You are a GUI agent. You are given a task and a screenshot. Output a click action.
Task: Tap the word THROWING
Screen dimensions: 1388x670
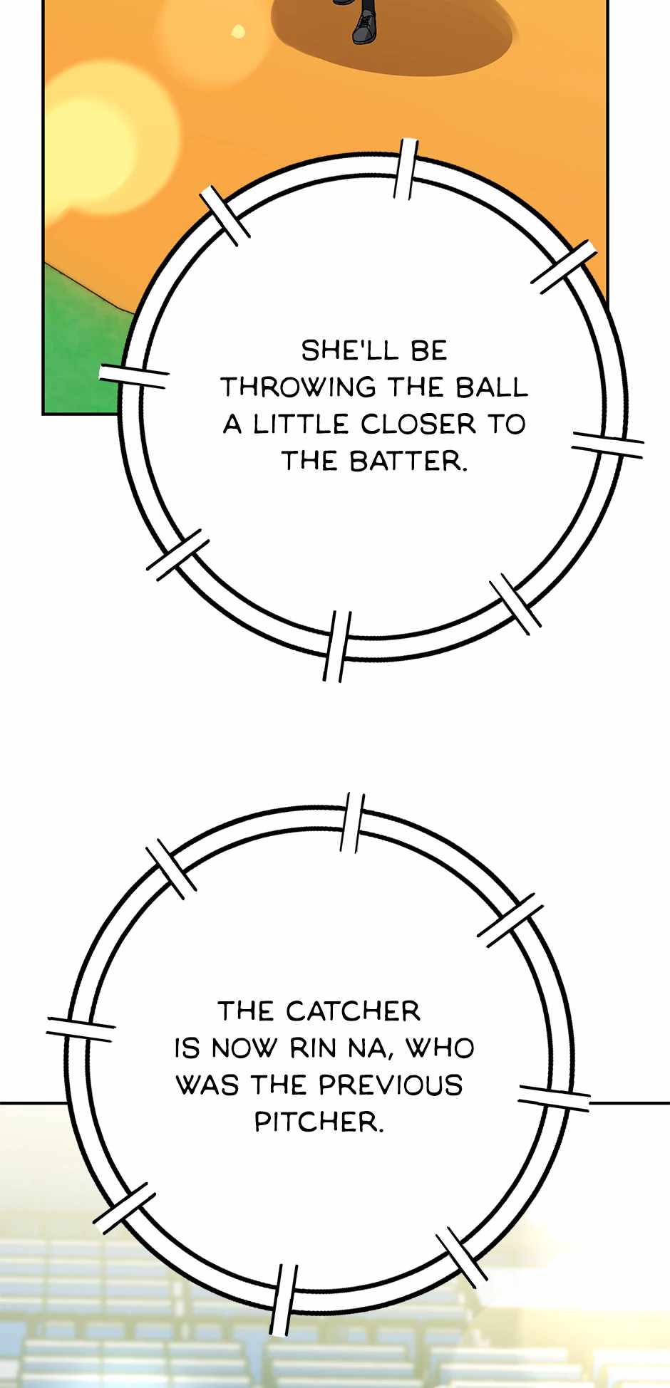(x=298, y=387)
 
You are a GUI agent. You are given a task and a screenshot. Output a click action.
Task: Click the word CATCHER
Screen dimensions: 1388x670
(x=354, y=1011)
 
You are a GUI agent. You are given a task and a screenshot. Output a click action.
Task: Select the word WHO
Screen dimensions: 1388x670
(x=440, y=1048)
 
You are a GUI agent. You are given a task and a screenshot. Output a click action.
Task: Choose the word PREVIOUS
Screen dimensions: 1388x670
(x=391, y=1085)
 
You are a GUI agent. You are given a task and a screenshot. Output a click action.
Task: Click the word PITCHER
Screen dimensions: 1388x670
(x=319, y=1122)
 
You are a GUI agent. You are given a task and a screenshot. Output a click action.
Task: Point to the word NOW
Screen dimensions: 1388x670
(x=243, y=1048)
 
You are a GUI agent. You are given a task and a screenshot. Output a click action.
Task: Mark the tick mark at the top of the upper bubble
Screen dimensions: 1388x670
(x=406, y=169)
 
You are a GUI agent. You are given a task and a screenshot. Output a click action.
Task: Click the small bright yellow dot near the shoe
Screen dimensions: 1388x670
(x=239, y=31)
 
